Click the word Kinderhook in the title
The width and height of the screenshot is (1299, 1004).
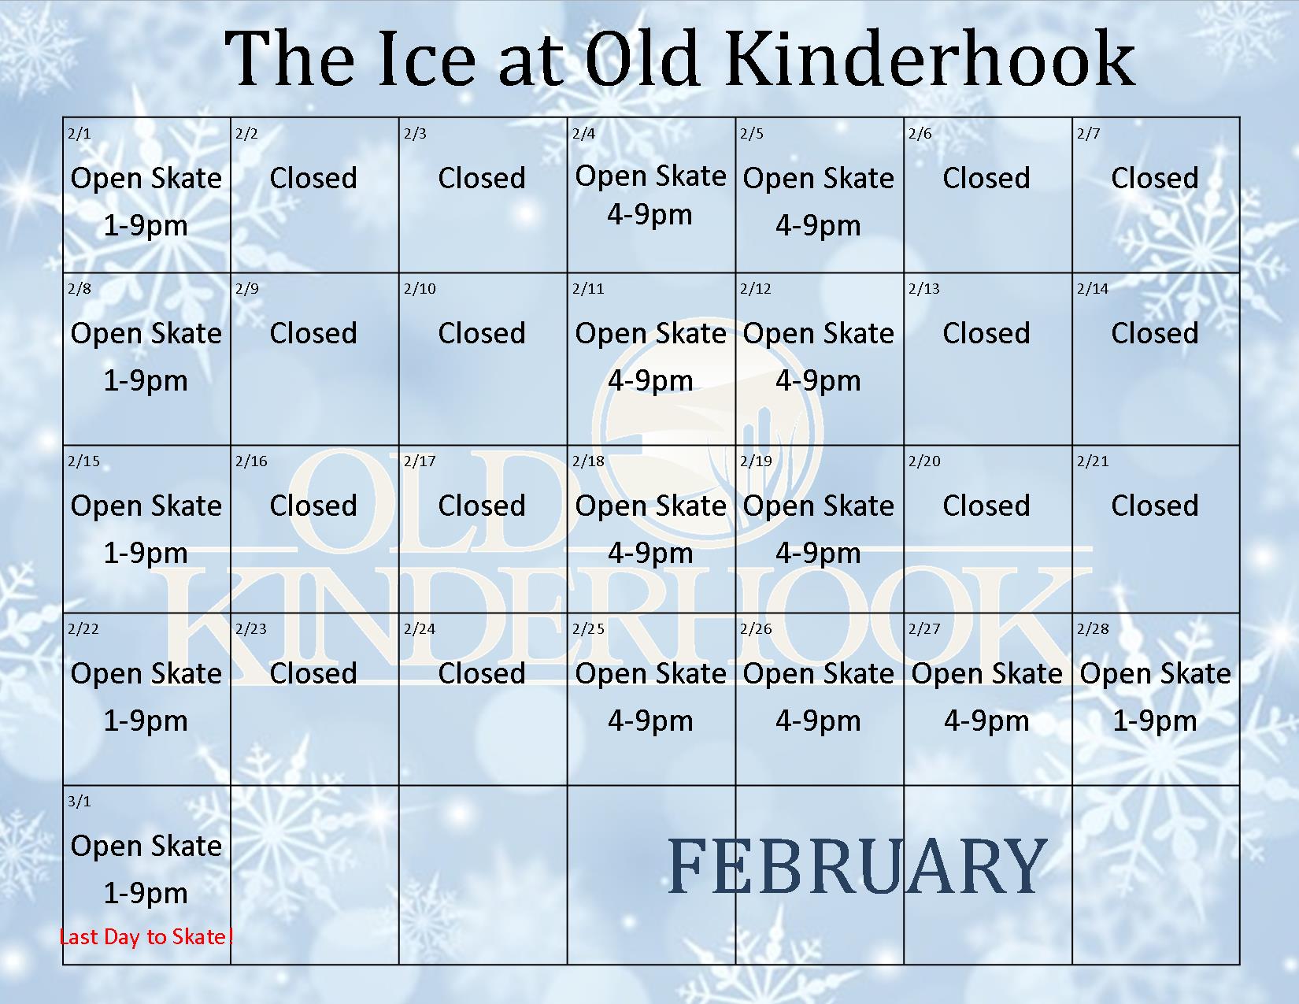click(x=931, y=59)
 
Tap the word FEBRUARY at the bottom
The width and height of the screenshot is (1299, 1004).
click(x=857, y=866)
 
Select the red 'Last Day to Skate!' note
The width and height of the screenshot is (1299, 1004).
click(x=146, y=936)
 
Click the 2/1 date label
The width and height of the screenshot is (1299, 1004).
click(x=80, y=133)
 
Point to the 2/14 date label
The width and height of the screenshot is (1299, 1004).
click(x=1092, y=289)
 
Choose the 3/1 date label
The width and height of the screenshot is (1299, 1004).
click(x=80, y=802)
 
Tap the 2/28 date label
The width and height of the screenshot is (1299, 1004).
click(x=1092, y=629)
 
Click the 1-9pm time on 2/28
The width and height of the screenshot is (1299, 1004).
click(x=1154, y=721)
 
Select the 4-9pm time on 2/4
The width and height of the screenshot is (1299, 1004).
click(x=649, y=214)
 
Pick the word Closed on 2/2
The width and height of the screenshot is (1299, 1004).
click(x=313, y=178)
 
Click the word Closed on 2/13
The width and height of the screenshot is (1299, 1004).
click(x=986, y=333)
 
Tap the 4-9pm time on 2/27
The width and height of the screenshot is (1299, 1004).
click(x=986, y=721)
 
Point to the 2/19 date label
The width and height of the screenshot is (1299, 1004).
click(x=756, y=461)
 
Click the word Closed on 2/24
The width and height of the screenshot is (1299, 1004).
click(x=482, y=673)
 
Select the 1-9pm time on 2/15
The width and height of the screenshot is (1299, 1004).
click(x=146, y=553)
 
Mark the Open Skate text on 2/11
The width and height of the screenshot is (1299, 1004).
click(x=650, y=334)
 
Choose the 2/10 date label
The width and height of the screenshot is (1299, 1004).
click(x=420, y=289)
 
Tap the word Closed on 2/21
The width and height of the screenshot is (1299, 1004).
click(x=1155, y=506)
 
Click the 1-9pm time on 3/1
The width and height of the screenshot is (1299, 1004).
click(x=146, y=893)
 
